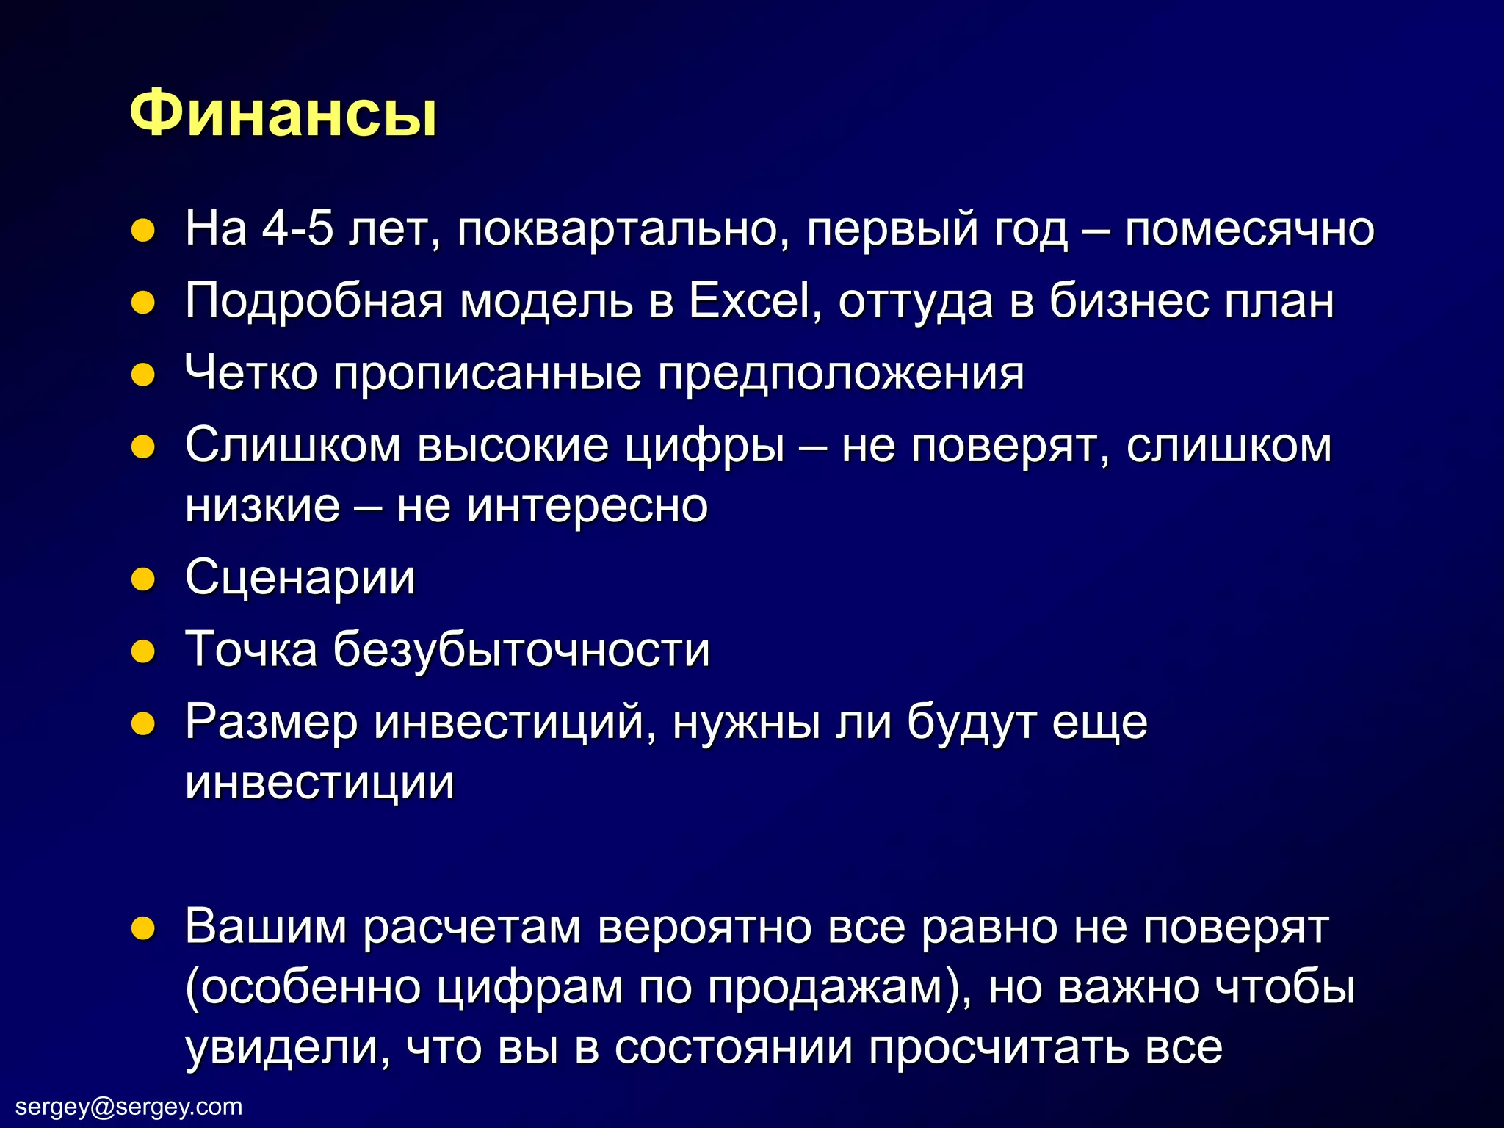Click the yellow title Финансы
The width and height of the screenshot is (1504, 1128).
point(283,114)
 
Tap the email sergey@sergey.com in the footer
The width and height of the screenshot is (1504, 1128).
point(129,1106)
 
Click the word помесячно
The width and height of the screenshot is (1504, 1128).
point(1249,230)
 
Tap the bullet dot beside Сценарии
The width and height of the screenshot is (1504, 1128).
point(143,579)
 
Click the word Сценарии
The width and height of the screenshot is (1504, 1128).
point(300,579)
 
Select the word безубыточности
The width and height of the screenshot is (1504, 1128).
point(521,650)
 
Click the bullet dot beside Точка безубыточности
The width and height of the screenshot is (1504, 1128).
point(143,651)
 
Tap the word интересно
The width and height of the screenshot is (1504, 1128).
point(587,507)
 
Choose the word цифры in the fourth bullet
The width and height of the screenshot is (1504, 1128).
point(704,447)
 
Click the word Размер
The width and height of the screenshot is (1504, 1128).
point(271,723)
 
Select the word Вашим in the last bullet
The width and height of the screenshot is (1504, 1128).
point(265,927)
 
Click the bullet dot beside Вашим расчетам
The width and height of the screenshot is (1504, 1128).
point(143,928)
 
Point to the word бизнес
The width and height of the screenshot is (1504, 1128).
point(1127,301)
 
